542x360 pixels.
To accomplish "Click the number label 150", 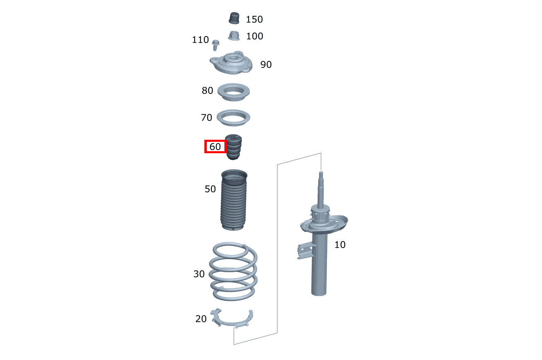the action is (254, 19).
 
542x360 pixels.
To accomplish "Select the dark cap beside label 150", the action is (234, 18).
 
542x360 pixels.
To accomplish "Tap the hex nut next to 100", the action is (234, 36).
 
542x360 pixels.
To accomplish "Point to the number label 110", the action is (200, 40).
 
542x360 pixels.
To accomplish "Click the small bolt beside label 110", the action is (215, 45).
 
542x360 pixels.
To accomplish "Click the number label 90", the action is (266, 65).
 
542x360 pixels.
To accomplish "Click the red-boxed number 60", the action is (215, 147).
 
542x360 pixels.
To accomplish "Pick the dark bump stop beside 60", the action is (233, 147).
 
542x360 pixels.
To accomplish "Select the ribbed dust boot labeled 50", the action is (234, 200).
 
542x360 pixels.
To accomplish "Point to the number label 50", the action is (210, 189).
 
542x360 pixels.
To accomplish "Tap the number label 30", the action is (199, 274).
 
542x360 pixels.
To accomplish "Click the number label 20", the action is (201, 319).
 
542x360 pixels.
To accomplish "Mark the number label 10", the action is (340, 245).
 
